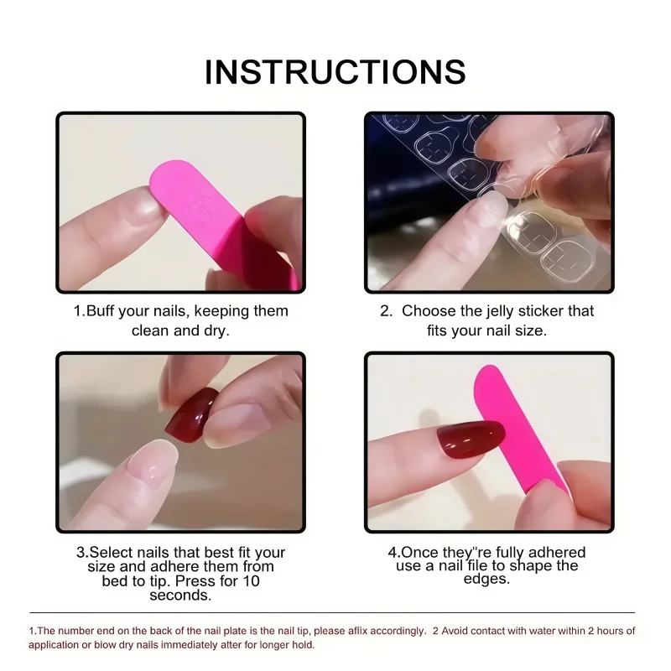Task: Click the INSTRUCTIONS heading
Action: [335, 72]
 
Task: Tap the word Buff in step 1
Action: [101, 310]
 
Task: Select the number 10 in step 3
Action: [251, 580]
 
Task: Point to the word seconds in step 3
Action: [180, 596]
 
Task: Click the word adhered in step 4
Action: [557, 552]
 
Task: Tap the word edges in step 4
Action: [486, 579]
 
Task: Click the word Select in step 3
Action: [108, 553]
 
